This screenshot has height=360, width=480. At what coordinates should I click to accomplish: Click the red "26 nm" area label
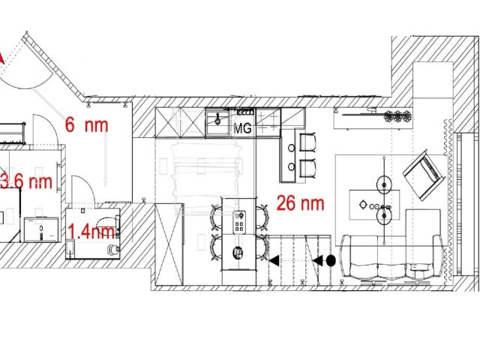point(300,203)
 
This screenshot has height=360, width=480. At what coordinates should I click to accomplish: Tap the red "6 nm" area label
point(87,125)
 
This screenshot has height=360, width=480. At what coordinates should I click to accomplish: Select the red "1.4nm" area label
point(91,231)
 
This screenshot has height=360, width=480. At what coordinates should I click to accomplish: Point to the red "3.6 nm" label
point(26,181)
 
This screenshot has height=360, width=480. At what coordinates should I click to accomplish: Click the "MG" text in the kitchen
point(242,128)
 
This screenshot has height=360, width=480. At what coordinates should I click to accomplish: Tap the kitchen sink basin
point(217,122)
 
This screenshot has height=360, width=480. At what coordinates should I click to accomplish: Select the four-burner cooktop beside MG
point(268,122)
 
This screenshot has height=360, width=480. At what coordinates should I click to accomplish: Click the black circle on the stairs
point(331,261)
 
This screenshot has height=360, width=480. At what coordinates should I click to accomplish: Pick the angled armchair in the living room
point(424,175)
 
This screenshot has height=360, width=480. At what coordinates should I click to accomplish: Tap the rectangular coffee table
point(374,205)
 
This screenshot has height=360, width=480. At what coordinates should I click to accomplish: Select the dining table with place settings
point(239,234)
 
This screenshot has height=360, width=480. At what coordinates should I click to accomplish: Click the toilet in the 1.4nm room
point(112,249)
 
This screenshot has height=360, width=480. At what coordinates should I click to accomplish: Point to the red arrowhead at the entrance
point(1,58)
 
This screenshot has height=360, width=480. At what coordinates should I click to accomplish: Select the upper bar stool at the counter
point(307,142)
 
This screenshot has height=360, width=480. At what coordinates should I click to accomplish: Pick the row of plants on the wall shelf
point(397,116)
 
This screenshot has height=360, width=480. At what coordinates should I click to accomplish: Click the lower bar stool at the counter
point(307,169)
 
